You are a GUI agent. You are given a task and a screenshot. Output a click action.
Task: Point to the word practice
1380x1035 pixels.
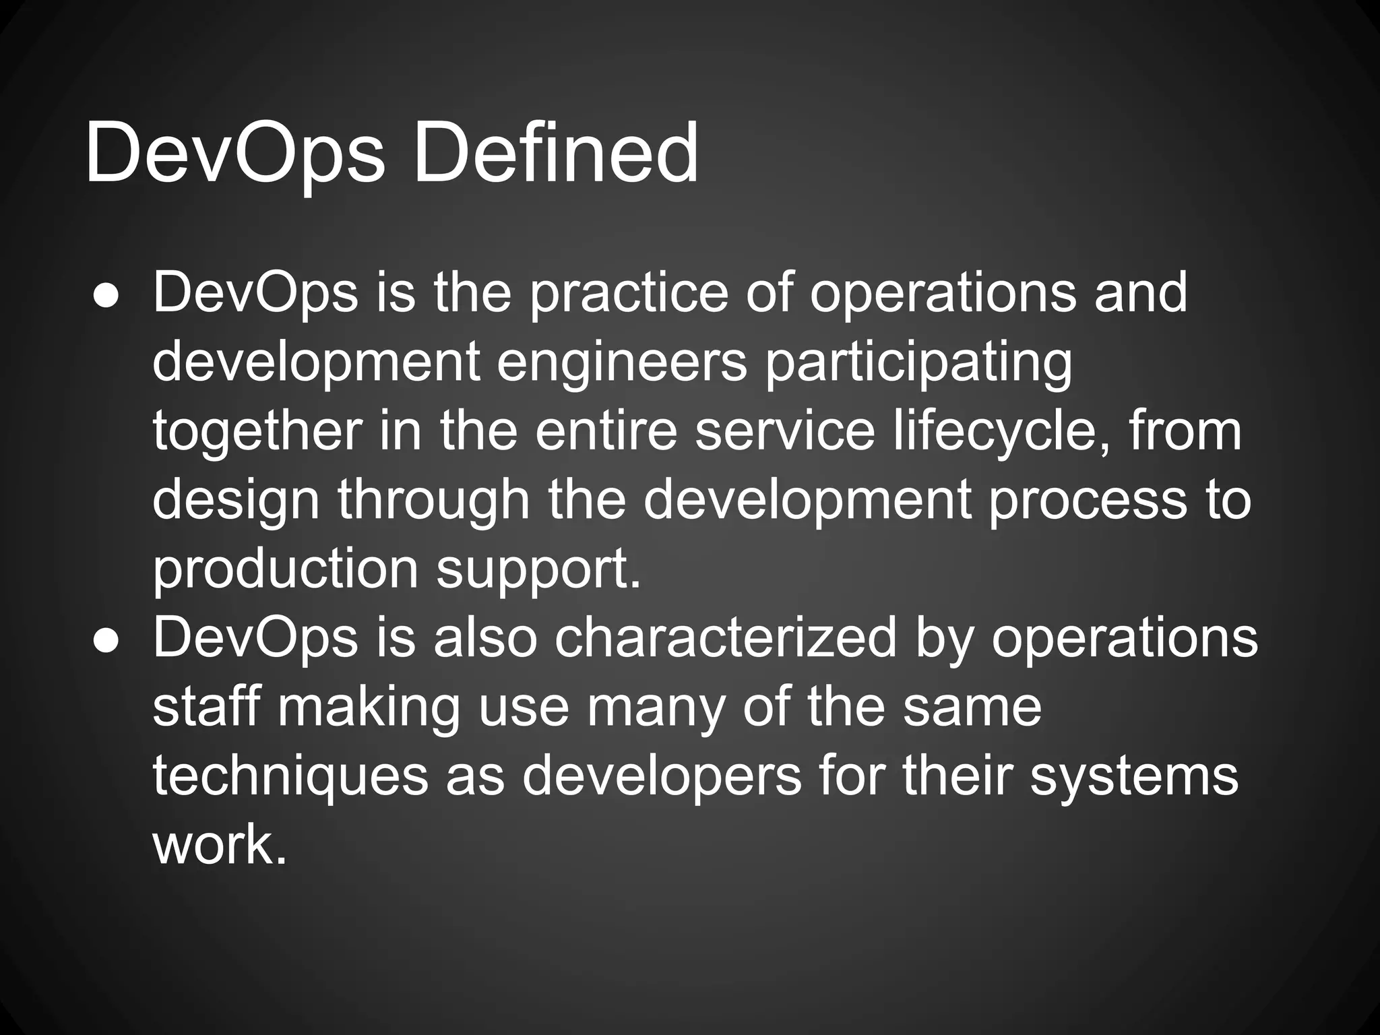click(x=629, y=294)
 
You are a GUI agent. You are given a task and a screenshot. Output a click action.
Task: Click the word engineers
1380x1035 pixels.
click(x=622, y=364)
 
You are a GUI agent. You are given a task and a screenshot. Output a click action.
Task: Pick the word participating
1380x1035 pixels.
click(x=918, y=364)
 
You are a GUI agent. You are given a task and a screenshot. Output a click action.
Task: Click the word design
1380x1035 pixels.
click(x=235, y=501)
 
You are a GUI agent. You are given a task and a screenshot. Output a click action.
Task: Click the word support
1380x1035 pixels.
click(x=538, y=570)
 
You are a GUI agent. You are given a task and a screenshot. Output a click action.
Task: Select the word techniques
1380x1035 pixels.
click(x=290, y=776)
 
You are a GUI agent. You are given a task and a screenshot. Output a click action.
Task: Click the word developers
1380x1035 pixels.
click(x=662, y=776)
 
